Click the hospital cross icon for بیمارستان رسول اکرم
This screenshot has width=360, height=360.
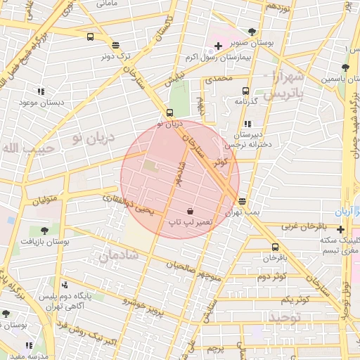(x=218, y=46)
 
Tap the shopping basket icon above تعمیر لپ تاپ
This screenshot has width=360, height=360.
(x=191, y=211)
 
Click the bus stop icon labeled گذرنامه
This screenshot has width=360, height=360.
(x=245, y=91)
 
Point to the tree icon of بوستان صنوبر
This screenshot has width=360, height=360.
(x=252, y=32)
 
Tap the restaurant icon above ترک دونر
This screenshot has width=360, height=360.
(x=115, y=44)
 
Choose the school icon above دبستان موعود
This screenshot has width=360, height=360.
(x=41, y=91)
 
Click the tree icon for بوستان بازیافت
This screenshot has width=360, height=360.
(x=44, y=230)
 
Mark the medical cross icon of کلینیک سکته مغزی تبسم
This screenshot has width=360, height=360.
(x=341, y=229)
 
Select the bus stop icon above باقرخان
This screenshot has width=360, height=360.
(x=274, y=247)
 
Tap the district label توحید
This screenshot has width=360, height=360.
(x=283, y=319)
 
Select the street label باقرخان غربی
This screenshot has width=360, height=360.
(x=304, y=226)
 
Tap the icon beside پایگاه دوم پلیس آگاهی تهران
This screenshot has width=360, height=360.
(x=65, y=285)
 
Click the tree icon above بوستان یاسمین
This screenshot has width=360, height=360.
(x=345, y=68)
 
